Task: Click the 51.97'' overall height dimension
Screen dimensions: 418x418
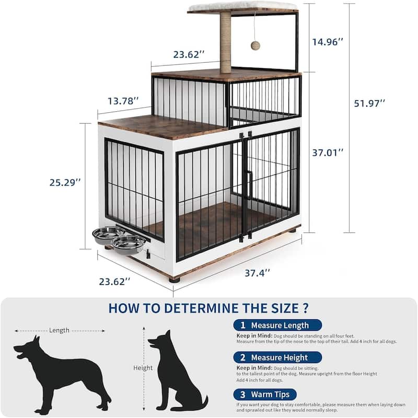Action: [369, 103]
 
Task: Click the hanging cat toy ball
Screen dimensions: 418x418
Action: [256, 45]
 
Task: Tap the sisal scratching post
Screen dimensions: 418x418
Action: [225, 42]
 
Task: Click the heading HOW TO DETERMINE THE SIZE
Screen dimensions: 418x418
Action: [208, 308]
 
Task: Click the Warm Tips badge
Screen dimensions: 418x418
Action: [265, 394]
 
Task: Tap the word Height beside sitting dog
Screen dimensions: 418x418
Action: [143, 368]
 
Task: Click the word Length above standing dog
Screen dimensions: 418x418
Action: [59, 330]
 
